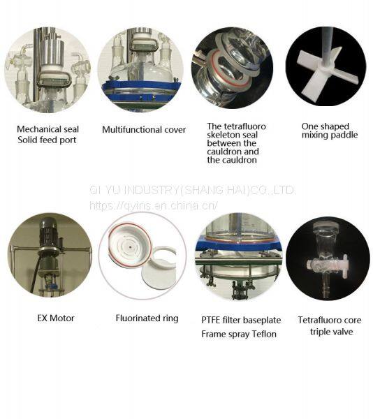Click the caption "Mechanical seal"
[47, 129]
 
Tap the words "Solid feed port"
[47, 140]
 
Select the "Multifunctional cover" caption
[144, 130]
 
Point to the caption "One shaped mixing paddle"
[330, 131]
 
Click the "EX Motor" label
[56, 318]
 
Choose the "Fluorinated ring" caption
[147, 318]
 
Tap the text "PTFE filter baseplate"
[241, 320]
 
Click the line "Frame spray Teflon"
[239, 334]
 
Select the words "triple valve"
[331, 332]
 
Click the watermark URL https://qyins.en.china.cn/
[154, 205]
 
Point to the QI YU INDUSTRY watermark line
[192, 190]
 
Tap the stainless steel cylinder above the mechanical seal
[53, 54]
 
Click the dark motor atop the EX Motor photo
[48, 233]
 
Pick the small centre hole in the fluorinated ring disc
[130, 247]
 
